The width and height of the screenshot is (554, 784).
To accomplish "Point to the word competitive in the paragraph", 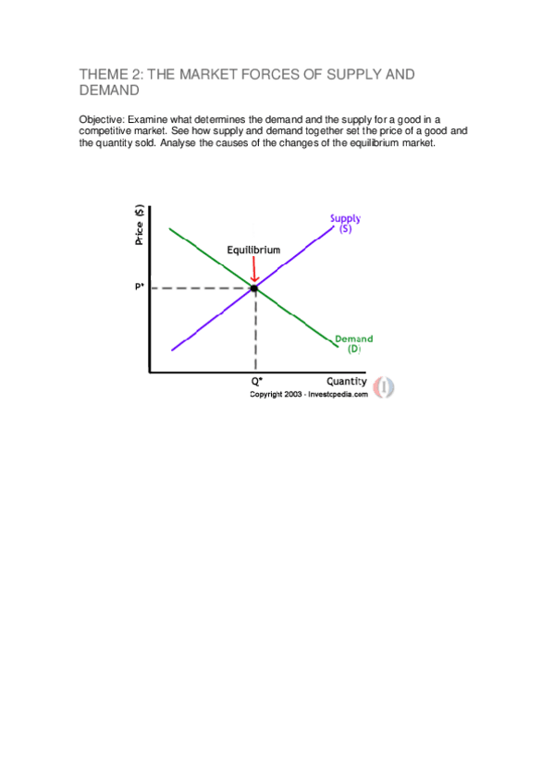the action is pos(105,130).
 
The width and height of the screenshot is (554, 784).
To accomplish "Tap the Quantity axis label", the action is pos(346,381).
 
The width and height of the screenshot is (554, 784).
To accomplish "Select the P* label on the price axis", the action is pos(139,288).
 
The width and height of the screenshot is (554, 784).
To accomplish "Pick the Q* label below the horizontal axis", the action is pos(256,381).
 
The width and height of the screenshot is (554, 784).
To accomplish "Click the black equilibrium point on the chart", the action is pos(254,288).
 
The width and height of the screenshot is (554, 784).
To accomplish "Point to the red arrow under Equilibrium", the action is pos(254,268).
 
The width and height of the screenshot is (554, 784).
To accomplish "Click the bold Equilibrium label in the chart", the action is pos(253,250).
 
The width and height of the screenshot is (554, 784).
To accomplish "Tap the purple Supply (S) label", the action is pos(346,223).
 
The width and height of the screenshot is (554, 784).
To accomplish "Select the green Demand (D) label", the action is pos(353,344).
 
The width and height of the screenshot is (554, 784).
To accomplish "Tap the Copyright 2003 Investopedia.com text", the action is pos(308,393).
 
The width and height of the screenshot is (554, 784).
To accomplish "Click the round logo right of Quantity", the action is pos(384,386).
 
